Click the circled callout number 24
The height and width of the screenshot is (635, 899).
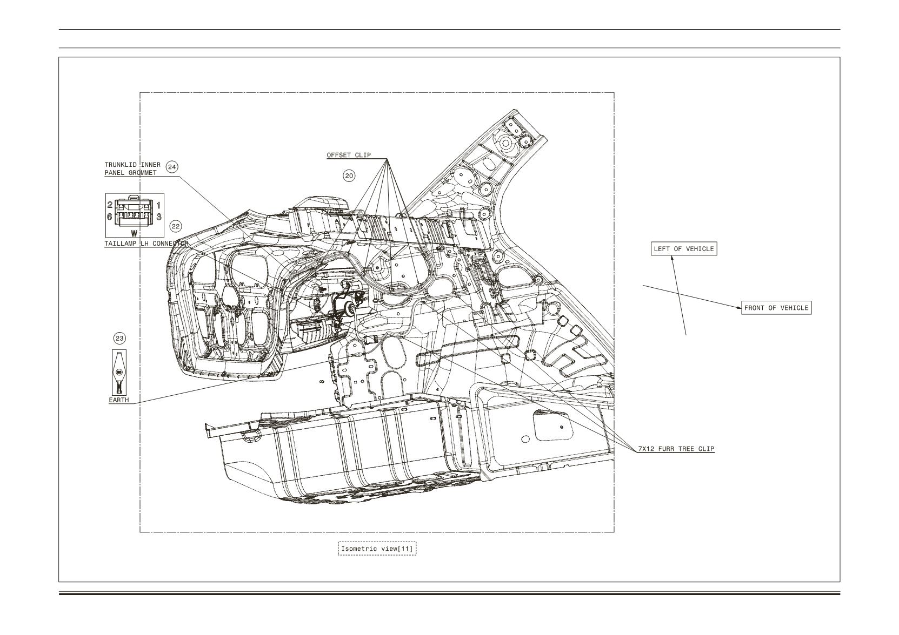point(172,167)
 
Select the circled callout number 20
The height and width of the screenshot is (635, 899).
point(349,175)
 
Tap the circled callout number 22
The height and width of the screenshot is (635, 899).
point(176,226)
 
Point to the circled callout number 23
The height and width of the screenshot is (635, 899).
point(119,339)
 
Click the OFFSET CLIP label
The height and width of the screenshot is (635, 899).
point(349,155)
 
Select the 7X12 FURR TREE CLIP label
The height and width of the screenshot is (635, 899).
point(676,449)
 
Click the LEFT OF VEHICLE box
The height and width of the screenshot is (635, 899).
point(684,248)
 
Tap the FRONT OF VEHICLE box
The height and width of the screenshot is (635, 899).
point(776,307)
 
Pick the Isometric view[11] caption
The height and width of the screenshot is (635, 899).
point(377,548)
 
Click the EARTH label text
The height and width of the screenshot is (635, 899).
point(119,400)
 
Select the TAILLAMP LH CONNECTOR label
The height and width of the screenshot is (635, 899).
point(146,244)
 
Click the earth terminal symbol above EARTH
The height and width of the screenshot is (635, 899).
point(119,372)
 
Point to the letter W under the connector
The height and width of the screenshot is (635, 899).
point(134,233)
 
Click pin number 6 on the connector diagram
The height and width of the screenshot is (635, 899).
point(110,217)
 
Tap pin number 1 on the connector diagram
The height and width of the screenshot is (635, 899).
point(158,205)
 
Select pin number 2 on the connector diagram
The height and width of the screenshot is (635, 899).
point(110,205)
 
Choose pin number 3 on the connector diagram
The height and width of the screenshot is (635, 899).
point(158,217)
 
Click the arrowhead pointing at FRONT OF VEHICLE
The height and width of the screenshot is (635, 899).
point(739,307)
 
